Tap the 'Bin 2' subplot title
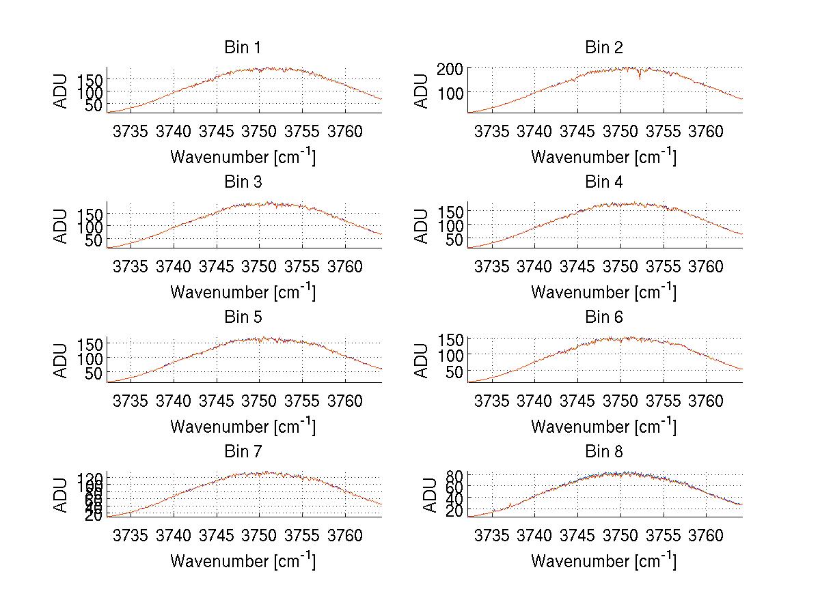pyautogui.click(x=604, y=48)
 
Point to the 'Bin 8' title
pyautogui.click(x=604, y=452)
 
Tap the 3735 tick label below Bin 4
pyautogui.click(x=491, y=266)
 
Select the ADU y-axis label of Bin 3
pyautogui.click(x=61, y=226)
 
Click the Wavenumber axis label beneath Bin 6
pyautogui.click(x=604, y=427)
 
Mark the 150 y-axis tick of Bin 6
pyautogui.click(x=456, y=339)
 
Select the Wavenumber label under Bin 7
pyautogui.click(x=243, y=561)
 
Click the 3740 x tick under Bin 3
pyautogui.click(x=174, y=266)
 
